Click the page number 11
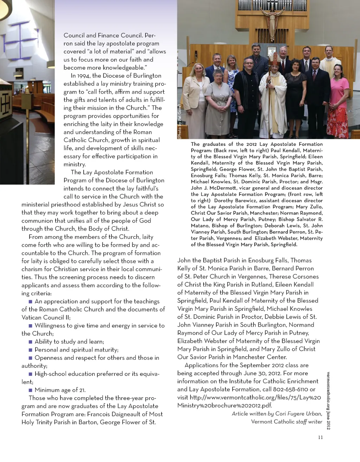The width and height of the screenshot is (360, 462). coord(320,437)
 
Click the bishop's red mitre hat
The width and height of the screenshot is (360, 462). coord(275,58)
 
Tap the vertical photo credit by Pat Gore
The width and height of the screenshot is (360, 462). coord(180,122)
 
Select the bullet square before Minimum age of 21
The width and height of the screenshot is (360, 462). coord(31,390)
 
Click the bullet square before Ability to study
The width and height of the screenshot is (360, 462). coord(31,342)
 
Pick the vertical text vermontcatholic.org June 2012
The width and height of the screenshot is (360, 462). coord(328,400)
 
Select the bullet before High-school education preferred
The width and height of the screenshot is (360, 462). coord(31,374)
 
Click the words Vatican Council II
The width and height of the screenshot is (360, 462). coord(46,317)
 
